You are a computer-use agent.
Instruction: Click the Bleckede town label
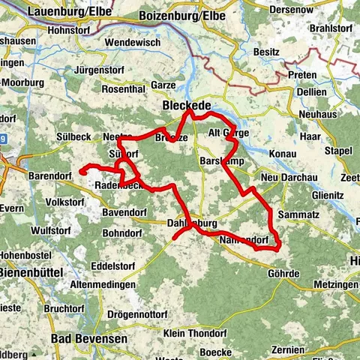(186, 106)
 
